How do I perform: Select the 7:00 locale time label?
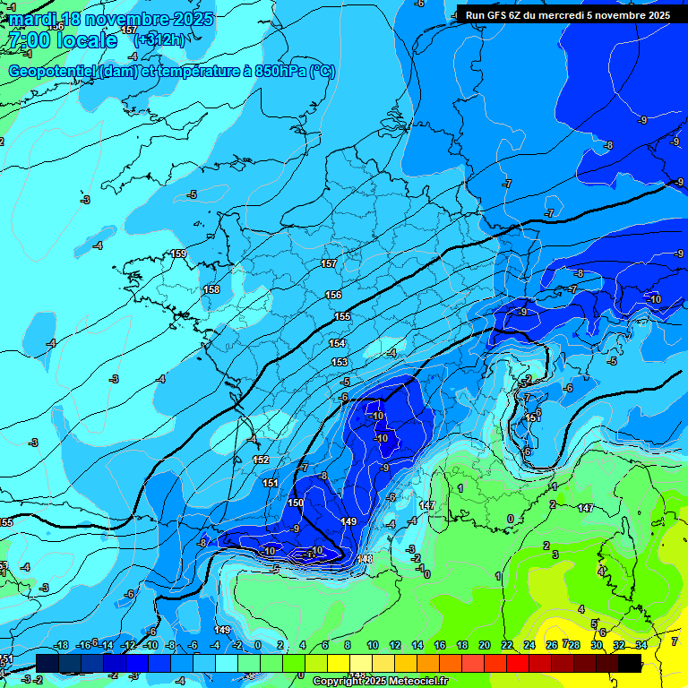62,40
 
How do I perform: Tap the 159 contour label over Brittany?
179,254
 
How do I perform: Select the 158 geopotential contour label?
211,289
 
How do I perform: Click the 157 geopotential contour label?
329,263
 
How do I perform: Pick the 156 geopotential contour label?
333,295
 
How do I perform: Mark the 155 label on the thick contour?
342,316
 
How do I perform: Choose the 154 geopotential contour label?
337,343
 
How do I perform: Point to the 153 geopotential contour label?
340,362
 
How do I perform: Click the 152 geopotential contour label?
261,459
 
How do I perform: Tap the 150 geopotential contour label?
296,503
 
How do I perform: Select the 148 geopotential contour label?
365,559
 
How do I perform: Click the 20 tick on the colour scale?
485,645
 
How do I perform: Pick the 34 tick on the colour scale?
641,645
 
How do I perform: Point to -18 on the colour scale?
62,645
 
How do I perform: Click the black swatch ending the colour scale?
630,662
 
